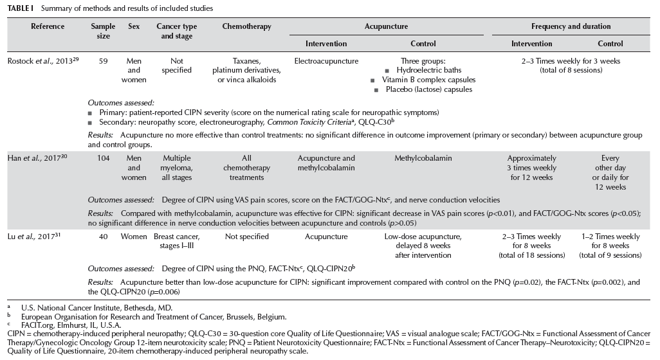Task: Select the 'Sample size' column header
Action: (103, 31)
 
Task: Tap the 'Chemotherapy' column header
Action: (246, 26)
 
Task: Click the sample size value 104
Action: (102, 158)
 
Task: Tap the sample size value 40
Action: (102, 237)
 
